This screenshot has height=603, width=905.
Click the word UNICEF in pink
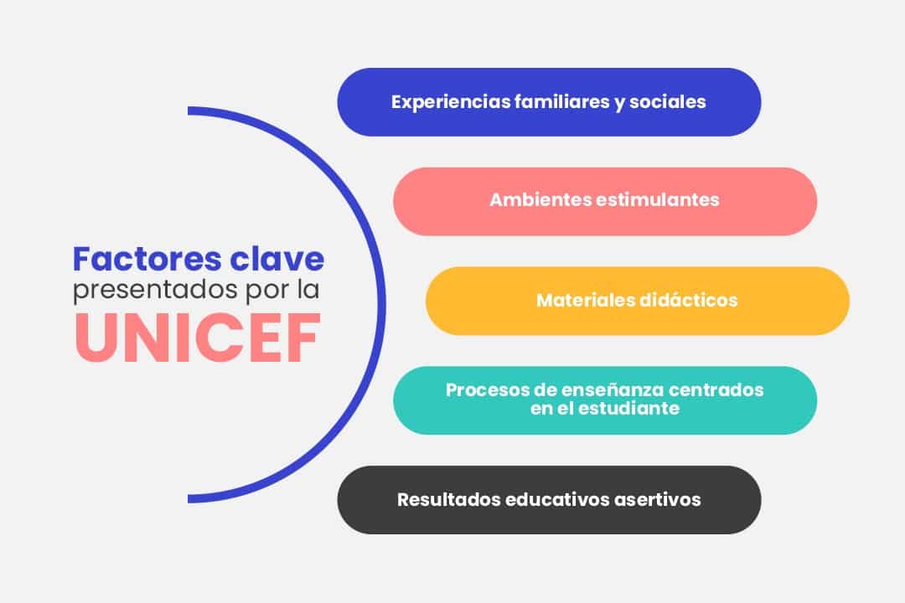tap(198, 338)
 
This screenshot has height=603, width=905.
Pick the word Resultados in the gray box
tap(448, 500)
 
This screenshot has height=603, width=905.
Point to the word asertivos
tap(659, 500)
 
